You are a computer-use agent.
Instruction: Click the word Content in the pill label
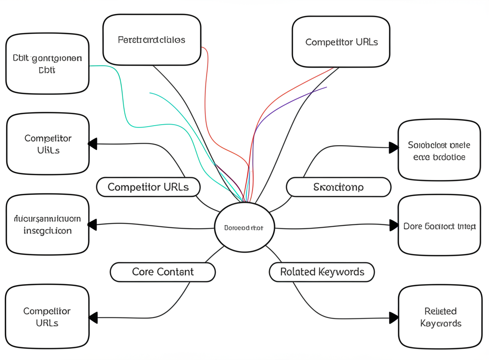coord(175,272)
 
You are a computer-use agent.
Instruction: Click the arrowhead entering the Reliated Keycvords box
coord(394,318)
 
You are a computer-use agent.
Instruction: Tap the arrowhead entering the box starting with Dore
coord(394,225)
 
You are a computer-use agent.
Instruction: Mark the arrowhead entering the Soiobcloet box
coord(394,148)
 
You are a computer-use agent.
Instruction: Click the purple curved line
coord(287,103)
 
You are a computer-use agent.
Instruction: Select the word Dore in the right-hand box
coord(413,226)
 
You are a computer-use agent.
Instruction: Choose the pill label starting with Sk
coord(338,187)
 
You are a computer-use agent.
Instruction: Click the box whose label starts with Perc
coord(151,40)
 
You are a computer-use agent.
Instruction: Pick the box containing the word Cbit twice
coord(47,64)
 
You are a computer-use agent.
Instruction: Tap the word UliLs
coord(48,150)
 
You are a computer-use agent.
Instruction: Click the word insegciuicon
coord(47,231)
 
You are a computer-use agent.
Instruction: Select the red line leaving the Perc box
coord(207,95)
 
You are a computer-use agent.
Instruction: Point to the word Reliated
coord(440,311)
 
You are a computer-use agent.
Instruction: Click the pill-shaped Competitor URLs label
coord(148,187)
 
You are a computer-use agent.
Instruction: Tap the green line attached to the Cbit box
coord(119,86)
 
